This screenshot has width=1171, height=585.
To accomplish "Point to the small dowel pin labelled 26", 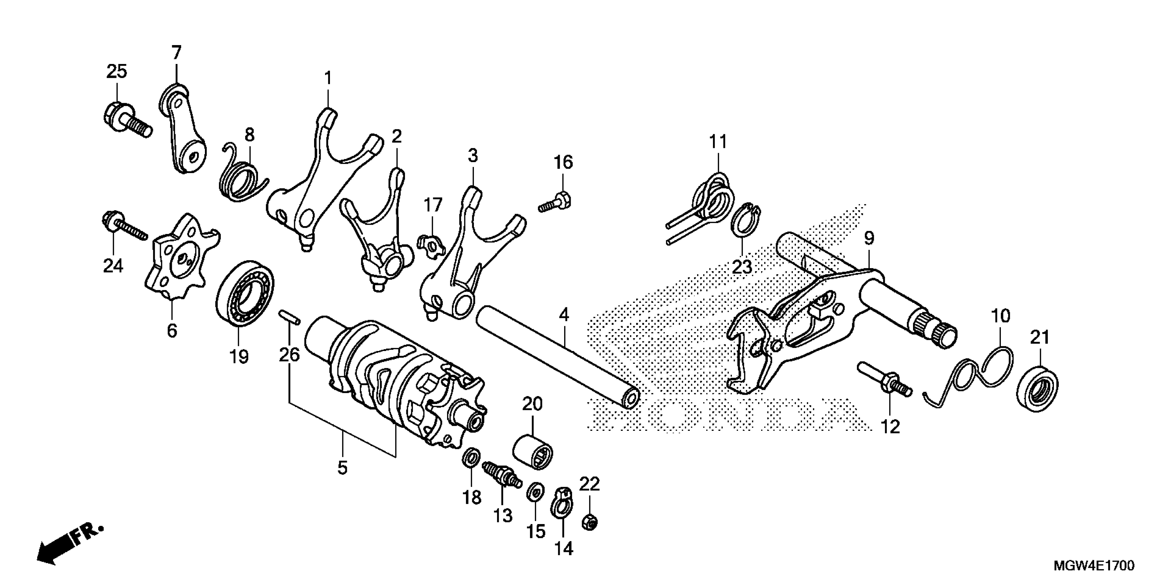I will [289, 317].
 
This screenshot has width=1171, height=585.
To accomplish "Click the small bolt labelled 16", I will [557, 203].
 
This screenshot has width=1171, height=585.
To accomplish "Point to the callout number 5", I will [342, 467].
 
